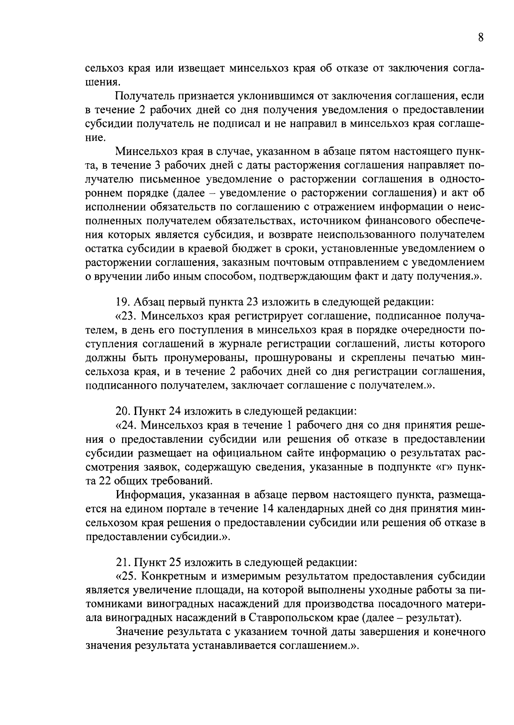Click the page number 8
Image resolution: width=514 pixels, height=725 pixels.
tap(481, 37)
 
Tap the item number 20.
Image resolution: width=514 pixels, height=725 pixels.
tap(123, 411)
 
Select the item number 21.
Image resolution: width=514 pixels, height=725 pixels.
tap(123, 561)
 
